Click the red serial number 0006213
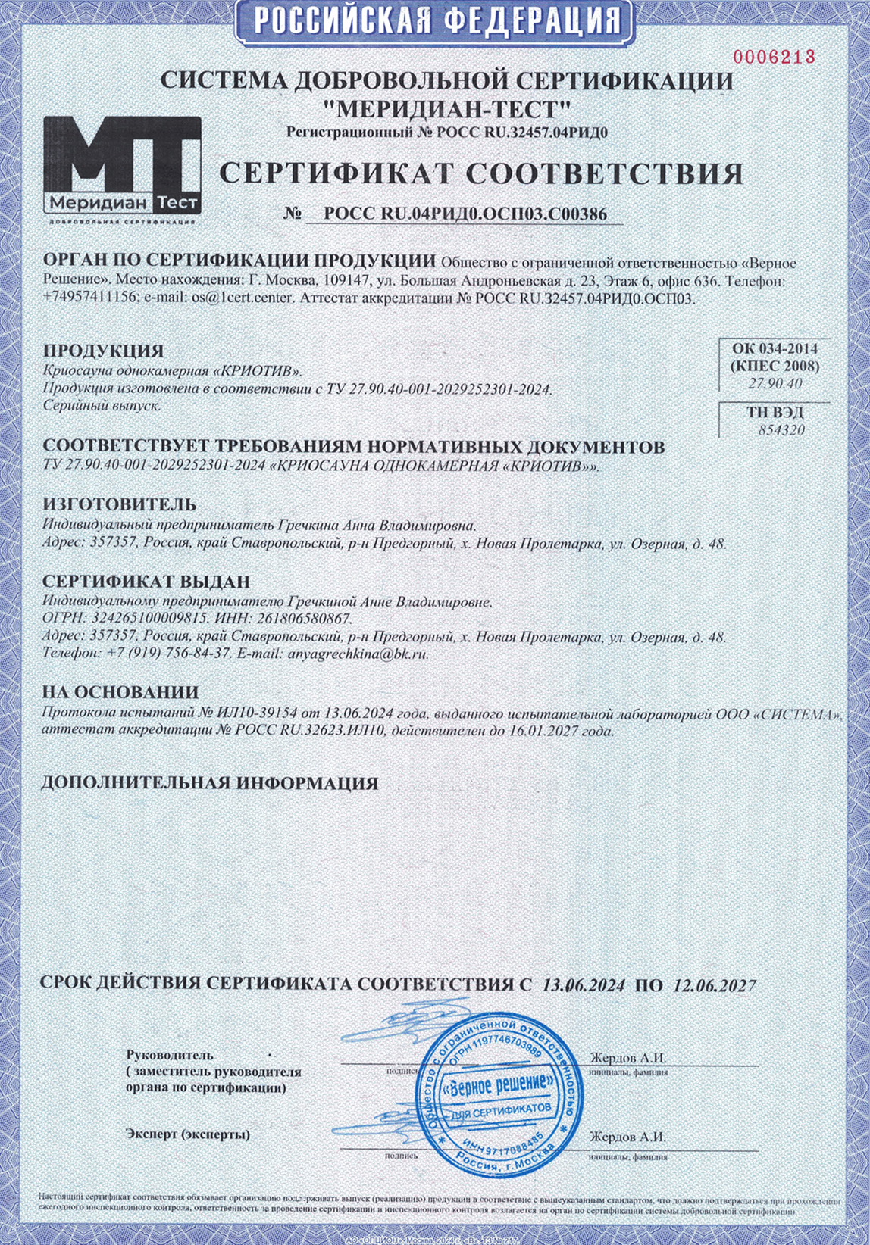pyautogui.click(x=773, y=56)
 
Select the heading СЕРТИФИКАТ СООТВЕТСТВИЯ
pyautogui.click(x=481, y=173)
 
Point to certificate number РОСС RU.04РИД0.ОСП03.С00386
pyautogui.click(x=465, y=214)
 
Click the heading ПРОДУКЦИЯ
pyautogui.click(x=103, y=351)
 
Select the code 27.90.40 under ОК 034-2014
pyautogui.click(x=774, y=384)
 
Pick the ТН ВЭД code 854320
pyautogui.click(x=781, y=430)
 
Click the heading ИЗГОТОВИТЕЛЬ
pyautogui.click(x=119, y=504)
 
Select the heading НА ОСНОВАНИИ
pyautogui.click(x=120, y=692)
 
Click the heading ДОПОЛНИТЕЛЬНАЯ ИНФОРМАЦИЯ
pyautogui.click(x=210, y=783)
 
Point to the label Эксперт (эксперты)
pyautogui.click(x=188, y=1134)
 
